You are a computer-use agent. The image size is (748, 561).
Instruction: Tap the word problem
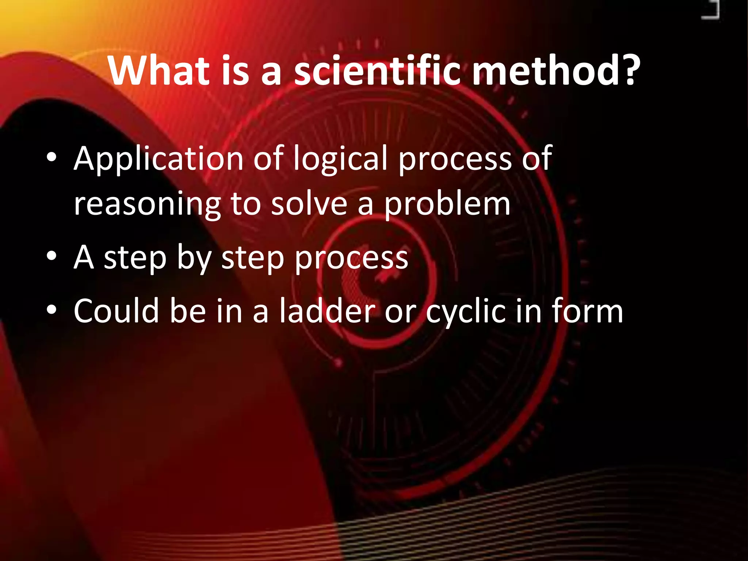pos(447,205)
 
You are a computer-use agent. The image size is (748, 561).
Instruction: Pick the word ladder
pos(327,311)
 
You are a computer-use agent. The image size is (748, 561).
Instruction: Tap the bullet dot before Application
pos(51,157)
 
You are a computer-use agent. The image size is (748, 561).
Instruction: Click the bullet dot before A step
pos(51,256)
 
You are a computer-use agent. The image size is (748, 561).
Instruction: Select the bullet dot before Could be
pos(51,310)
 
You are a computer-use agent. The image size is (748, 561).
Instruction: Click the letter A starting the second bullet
pos(84,257)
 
